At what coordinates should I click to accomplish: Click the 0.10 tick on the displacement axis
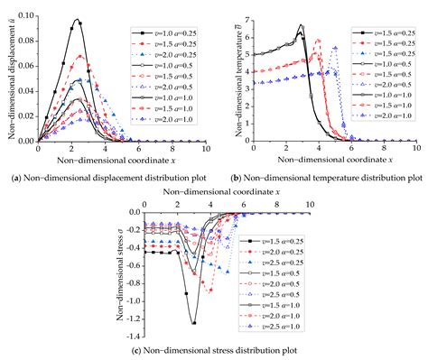coord(26,15)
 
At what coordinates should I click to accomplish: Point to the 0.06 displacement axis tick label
coord(26,66)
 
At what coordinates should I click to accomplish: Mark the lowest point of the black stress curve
coord(193,321)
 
